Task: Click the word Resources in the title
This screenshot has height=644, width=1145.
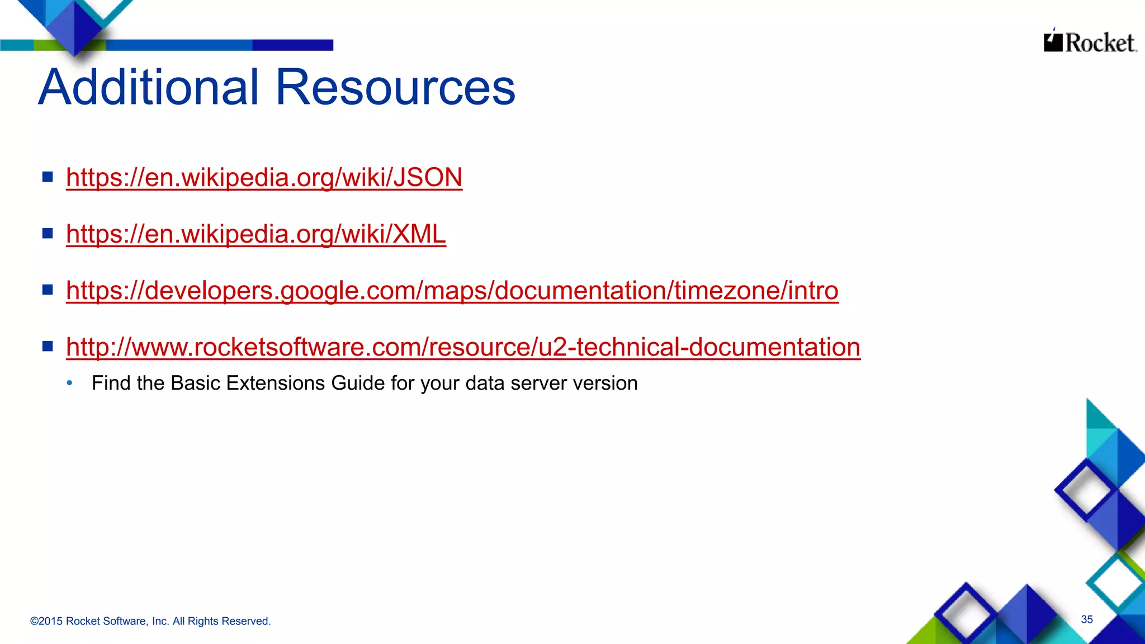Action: tap(395, 87)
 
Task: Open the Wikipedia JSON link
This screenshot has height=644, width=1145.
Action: tap(264, 178)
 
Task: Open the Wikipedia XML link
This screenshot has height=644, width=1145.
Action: tap(256, 234)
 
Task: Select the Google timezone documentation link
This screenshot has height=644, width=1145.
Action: tap(452, 291)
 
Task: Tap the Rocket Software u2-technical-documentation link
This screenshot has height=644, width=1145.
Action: tap(463, 347)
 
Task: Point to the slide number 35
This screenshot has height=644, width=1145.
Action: tap(1086, 619)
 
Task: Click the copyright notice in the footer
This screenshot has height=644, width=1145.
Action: tap(150, 621)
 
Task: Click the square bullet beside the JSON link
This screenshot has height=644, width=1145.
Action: tap(48, 177)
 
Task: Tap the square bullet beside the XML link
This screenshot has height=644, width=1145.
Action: tap(48, 233)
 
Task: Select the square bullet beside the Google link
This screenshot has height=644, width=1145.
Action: tap(48, 290)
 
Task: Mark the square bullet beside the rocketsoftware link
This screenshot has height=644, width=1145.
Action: tap(48, 346)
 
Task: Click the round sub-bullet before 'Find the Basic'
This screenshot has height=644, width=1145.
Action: tap(69, 383)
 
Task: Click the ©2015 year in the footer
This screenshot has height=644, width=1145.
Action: tap(46, 621)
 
